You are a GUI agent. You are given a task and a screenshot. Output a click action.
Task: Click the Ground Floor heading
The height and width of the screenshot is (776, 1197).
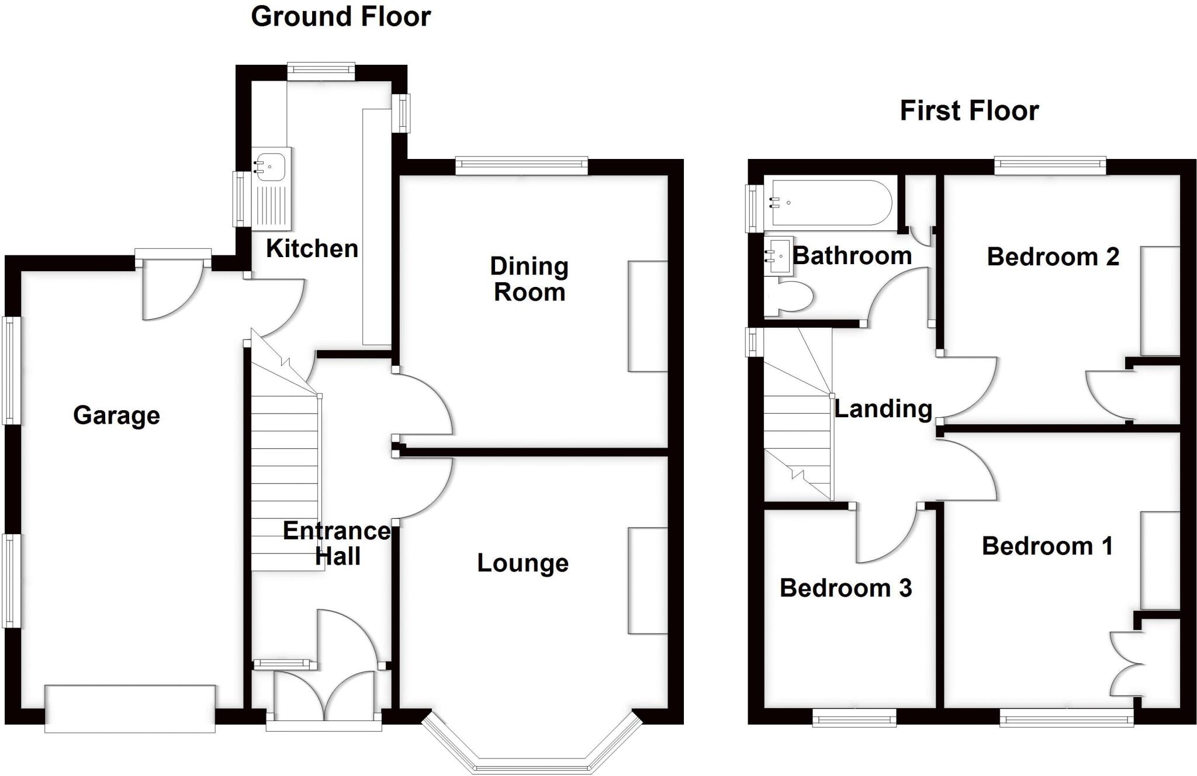pyautogui.click(x=341, y=16)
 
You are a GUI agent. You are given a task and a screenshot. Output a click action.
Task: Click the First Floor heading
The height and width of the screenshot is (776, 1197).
pyautogui.click(x=969, y=110)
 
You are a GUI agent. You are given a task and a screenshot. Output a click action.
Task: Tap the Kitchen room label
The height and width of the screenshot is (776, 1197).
pyautogui.click(x=312, y=248)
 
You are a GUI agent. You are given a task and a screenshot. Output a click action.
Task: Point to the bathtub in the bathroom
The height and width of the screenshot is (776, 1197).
pyautogui.click(x=830, y=203)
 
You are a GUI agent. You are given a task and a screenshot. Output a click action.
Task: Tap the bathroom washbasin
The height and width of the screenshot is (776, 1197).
pyautogui.click(x=780, y=255)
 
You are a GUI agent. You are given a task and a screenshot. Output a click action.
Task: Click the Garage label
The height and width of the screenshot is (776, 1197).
pyautogui.click(x=116, y=415)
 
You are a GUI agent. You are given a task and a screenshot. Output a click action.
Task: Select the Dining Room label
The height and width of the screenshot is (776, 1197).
pyautogui.click(x=529, y=279)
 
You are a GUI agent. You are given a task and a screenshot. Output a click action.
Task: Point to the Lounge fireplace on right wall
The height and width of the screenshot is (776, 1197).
pyautogui.click(x=648, y=581)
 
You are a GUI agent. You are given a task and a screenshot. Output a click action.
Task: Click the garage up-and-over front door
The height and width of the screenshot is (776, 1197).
pyautogui.click(x=130, y=709)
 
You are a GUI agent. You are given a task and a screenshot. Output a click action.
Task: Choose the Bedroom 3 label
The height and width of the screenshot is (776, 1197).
pyautogui.click(x=845, y=588)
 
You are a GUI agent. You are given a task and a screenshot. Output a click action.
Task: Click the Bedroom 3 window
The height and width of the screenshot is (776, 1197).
pyautogui.click(x=854, y=717)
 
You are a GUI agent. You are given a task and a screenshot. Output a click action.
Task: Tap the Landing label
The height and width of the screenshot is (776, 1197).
pyautogui.click(x=883, y=408)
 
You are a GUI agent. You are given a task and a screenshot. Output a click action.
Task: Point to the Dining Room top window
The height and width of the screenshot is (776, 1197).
pyautogui.click(x=521, y=166)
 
